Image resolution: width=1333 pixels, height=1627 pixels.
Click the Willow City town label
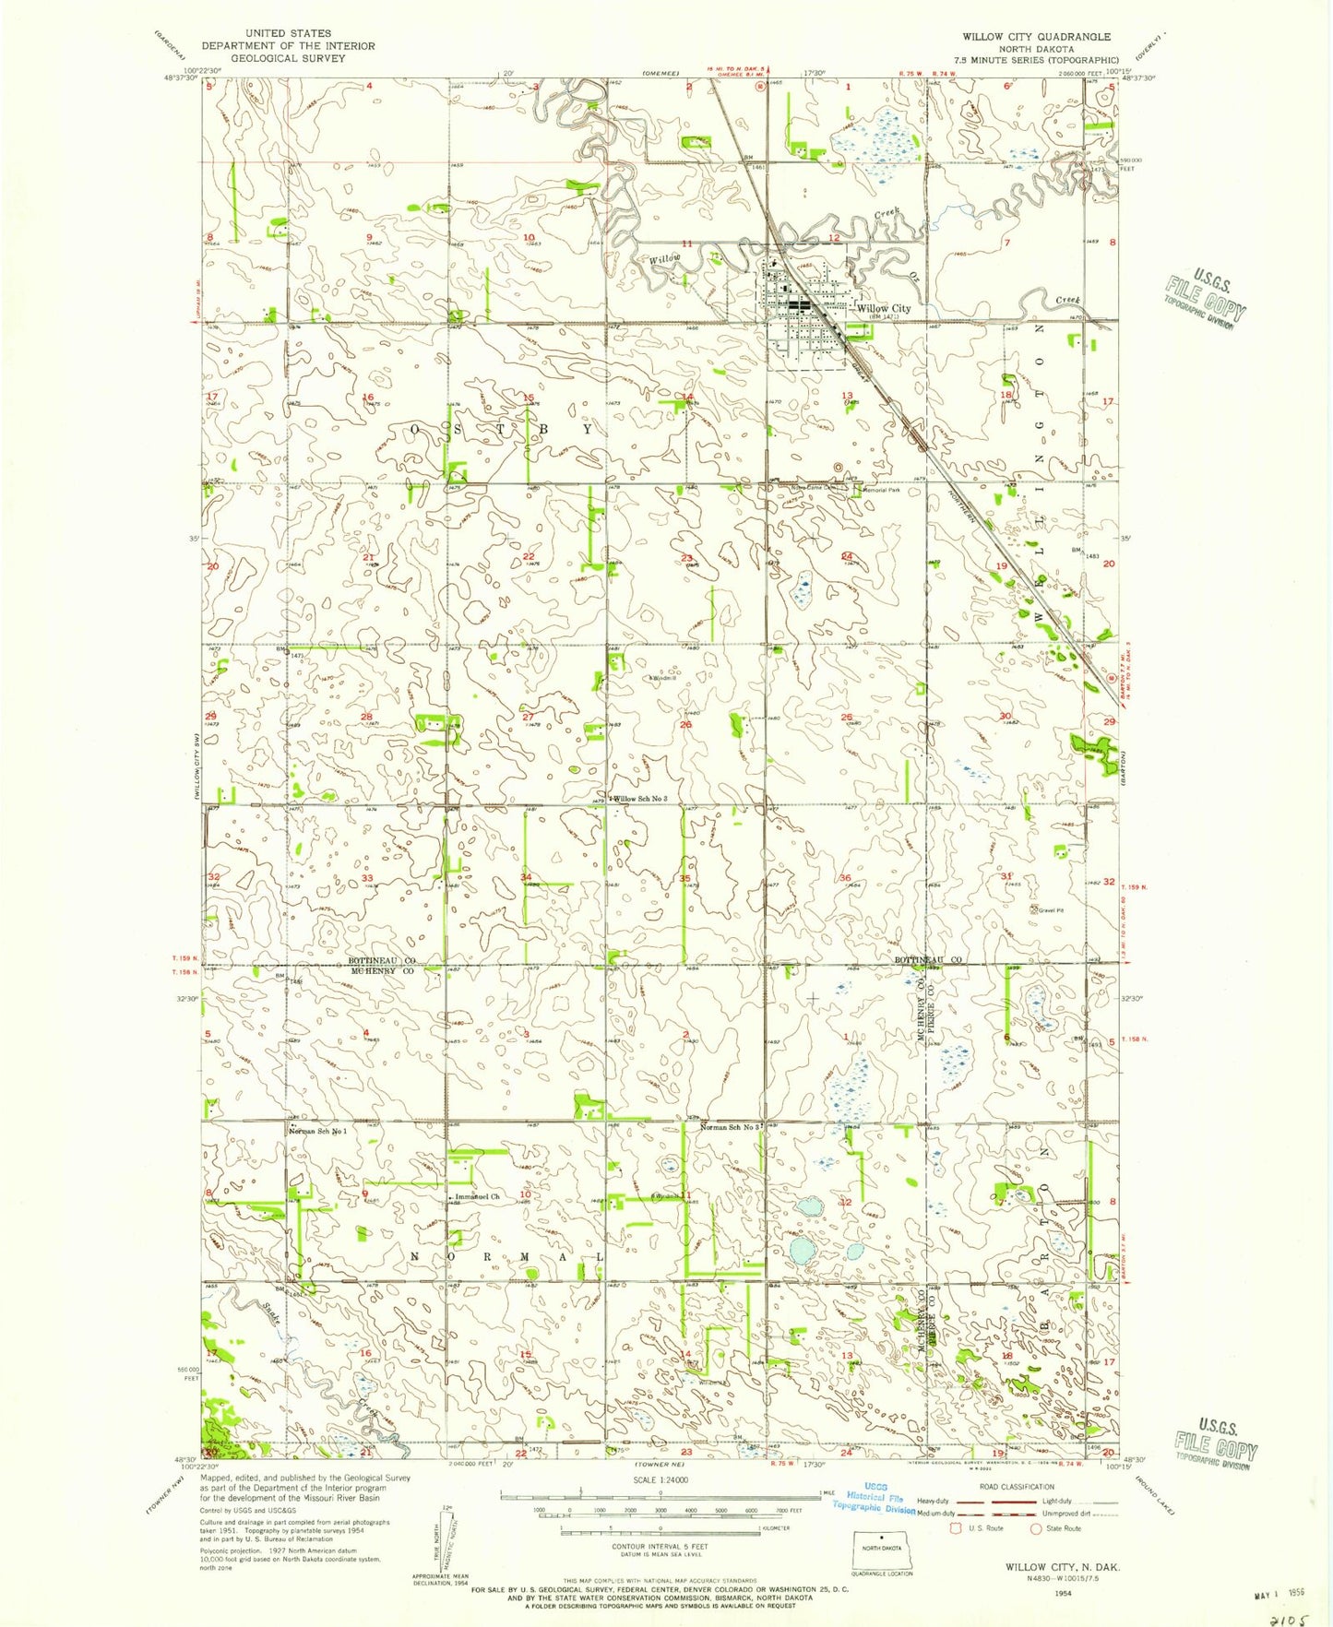pos(883,309)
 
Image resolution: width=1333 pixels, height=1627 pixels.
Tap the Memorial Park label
pos(881,491)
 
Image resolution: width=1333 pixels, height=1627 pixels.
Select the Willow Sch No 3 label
pos(640,799)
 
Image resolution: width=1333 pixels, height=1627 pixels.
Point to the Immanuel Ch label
pos(477,1197)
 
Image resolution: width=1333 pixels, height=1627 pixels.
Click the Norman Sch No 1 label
pos(320,1130)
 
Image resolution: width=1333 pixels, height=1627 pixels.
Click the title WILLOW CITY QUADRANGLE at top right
pos(1036,37)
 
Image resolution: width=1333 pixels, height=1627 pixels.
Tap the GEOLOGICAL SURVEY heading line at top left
pos(288,58)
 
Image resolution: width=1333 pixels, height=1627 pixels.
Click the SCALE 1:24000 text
pos(659,1479)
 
